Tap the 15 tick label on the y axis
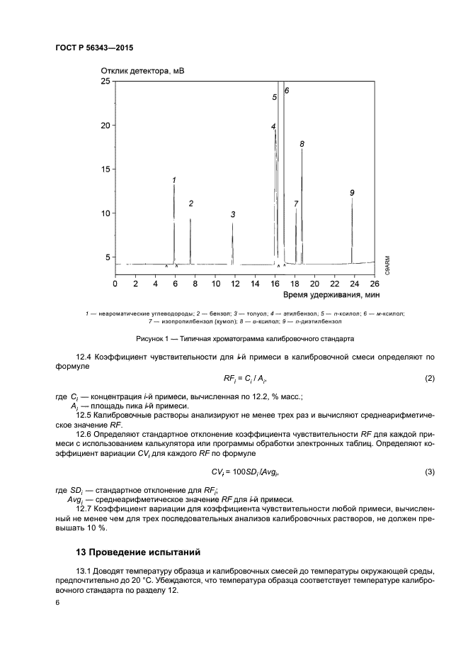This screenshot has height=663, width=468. click(106, 169)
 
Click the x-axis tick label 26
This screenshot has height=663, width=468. click(374, 284)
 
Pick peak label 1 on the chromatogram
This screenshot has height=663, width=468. click(174, 179)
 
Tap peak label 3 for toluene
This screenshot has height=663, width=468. click(233, 214)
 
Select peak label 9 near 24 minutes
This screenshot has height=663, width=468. click(352, 192)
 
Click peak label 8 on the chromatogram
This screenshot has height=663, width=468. click(302, 144)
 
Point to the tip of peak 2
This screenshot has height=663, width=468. click(190, 219)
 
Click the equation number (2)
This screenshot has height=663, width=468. click(430, 379)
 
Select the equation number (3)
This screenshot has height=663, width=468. click(430, 472)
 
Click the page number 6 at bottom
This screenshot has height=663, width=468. click(57, 602)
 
